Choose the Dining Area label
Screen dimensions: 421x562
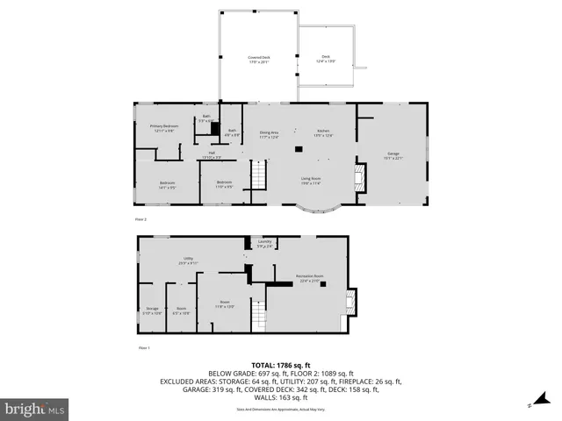pos(269,134)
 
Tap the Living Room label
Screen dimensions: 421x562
pos(311,181)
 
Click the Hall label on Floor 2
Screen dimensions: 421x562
pos(212,154)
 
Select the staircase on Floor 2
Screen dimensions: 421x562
pos(259,178)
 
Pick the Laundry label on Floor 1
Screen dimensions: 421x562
pos(264,243)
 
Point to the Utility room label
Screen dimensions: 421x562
pos(188,260)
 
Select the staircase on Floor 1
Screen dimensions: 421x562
pos(257,314)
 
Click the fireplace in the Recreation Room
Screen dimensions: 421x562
pos(350,303)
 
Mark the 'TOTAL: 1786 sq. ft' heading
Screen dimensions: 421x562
pos(281,365)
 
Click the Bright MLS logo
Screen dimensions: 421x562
pos(35,409)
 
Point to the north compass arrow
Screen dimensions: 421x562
pos(530,404)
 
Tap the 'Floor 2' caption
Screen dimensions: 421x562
pos(140,219)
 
